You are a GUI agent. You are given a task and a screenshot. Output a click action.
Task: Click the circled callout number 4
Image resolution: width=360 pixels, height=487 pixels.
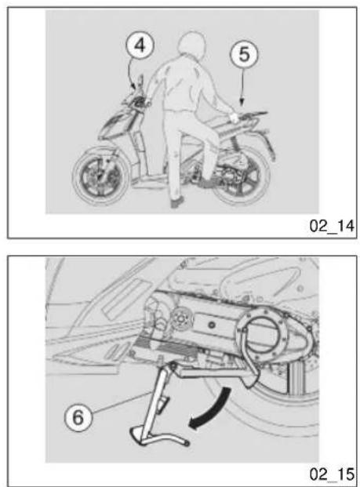(140, 45)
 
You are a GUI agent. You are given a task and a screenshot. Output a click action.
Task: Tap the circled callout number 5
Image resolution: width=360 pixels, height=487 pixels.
(244, 54)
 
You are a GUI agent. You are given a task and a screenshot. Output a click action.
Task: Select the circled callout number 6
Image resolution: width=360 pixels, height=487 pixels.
(78, 417)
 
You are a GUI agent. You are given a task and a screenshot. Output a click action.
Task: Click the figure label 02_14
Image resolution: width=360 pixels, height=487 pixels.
(332, 226)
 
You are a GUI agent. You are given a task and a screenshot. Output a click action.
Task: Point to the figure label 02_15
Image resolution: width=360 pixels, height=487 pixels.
(332, 474)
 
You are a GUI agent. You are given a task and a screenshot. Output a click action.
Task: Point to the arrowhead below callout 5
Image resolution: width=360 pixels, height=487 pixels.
(242, 100)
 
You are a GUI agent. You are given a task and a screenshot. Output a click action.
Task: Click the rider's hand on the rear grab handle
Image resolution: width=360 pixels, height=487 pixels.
(233, 117)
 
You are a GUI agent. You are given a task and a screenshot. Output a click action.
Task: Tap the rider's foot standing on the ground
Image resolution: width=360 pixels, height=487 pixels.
(177, 202)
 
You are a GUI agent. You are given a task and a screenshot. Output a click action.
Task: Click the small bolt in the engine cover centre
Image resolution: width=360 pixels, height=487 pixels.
(212, 325)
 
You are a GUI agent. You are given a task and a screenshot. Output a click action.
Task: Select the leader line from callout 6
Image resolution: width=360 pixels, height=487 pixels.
(122, 402)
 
